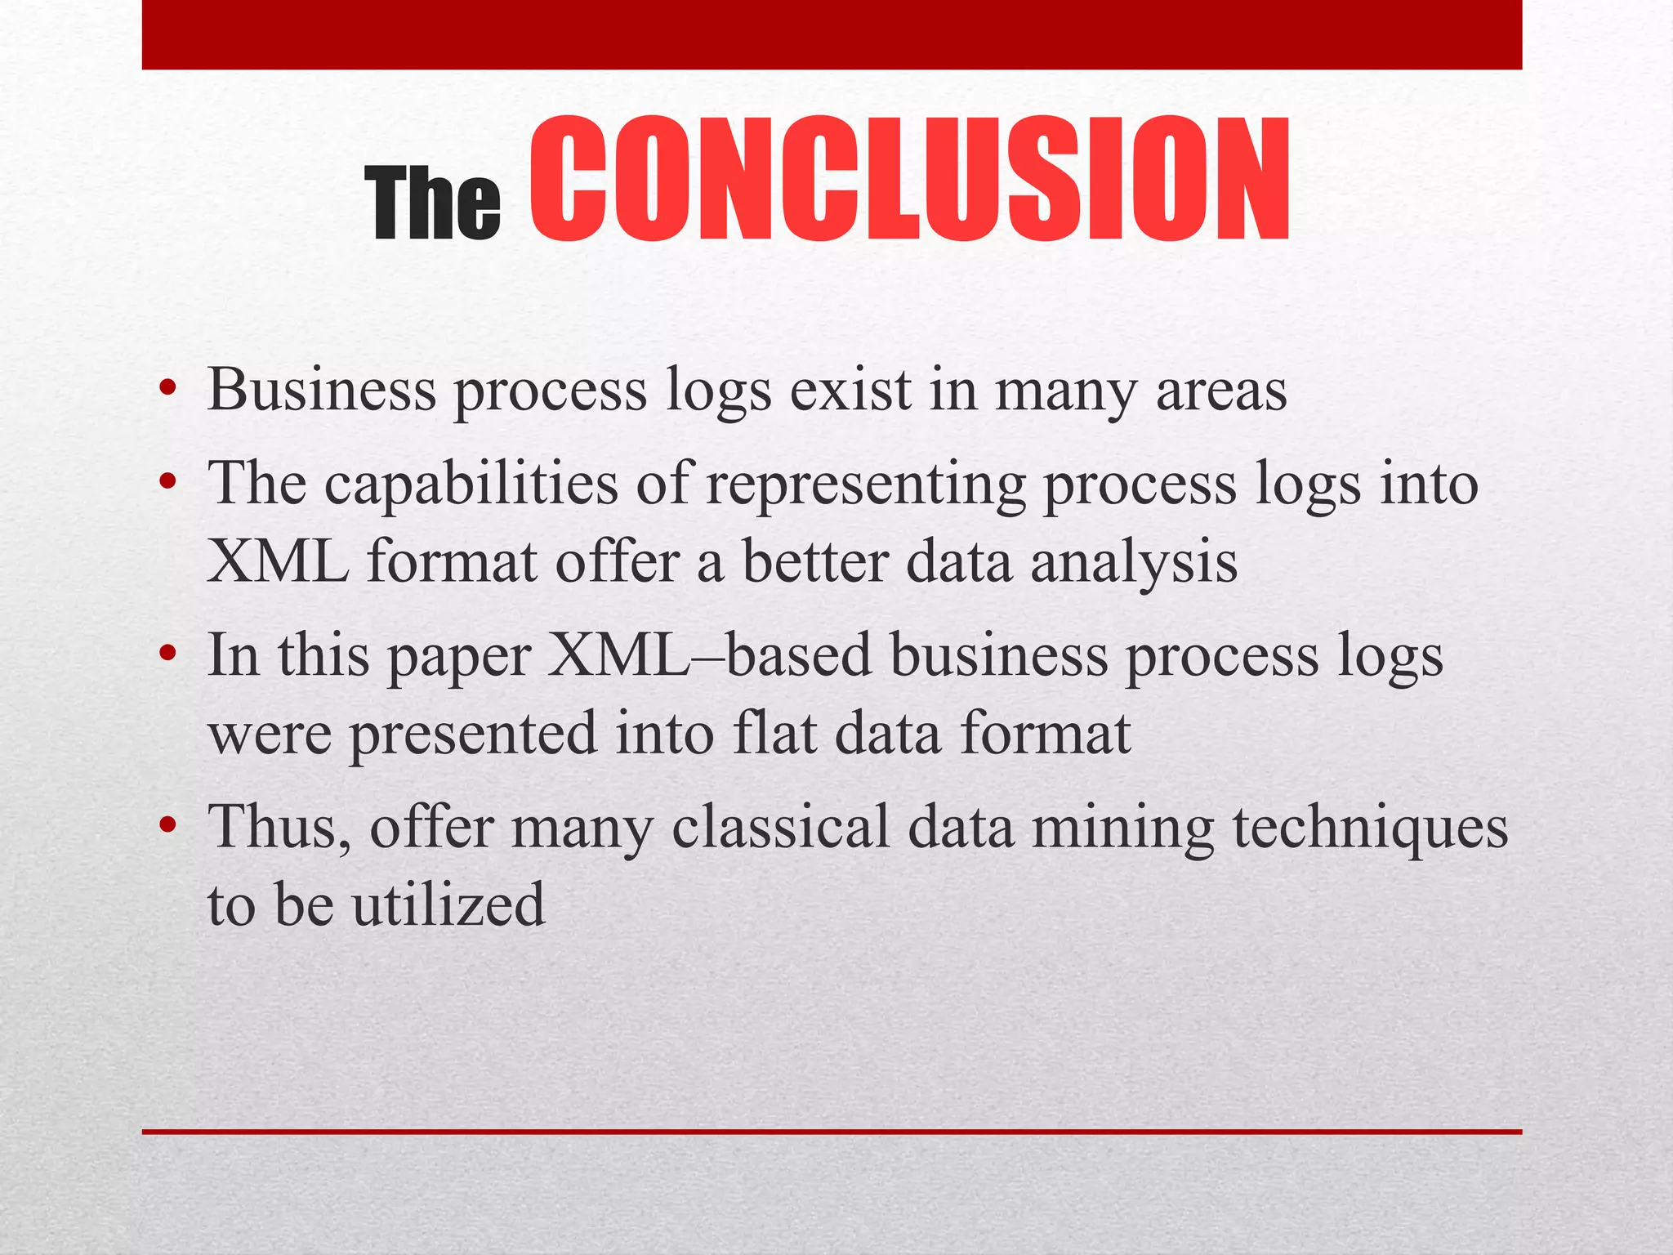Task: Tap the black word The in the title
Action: coord(432,203)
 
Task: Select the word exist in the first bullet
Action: coord(850,390)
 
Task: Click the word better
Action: coord(814,563)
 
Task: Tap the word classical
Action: coord(780,827)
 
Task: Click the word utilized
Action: coord(448,904)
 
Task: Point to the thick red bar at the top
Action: coord(832,34)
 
